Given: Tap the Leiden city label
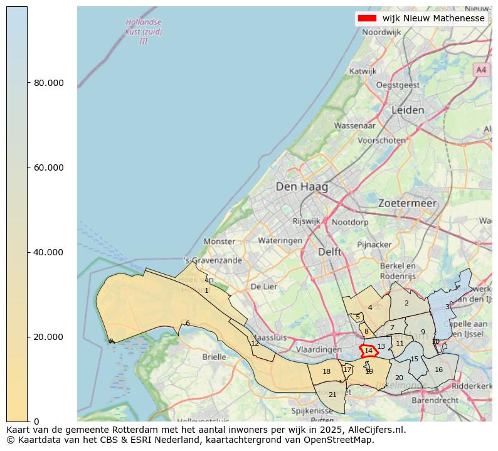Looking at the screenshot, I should click(x=408, y=110).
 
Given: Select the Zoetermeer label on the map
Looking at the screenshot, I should click(x=407, y=203).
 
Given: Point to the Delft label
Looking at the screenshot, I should click(x=330, y=252).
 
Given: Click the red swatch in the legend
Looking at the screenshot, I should click(x=368, y=18).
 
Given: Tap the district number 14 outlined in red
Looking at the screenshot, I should click(x=369, y=351).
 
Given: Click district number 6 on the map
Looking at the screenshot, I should click(x=188, y=323).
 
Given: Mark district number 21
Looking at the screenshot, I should click(x=332, y=395).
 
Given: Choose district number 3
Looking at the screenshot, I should click(x=447, y=307).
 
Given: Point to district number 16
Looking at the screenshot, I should click(x=438, y=369).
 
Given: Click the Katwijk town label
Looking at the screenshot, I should click(x=363, y=72).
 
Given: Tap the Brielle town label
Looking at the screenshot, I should click(x=214, y=356).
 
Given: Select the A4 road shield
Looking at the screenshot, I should click(x=481, y=70).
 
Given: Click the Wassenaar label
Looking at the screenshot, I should click(x=354, y=125).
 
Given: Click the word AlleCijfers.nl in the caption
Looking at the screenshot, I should click(x=375, y=430).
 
